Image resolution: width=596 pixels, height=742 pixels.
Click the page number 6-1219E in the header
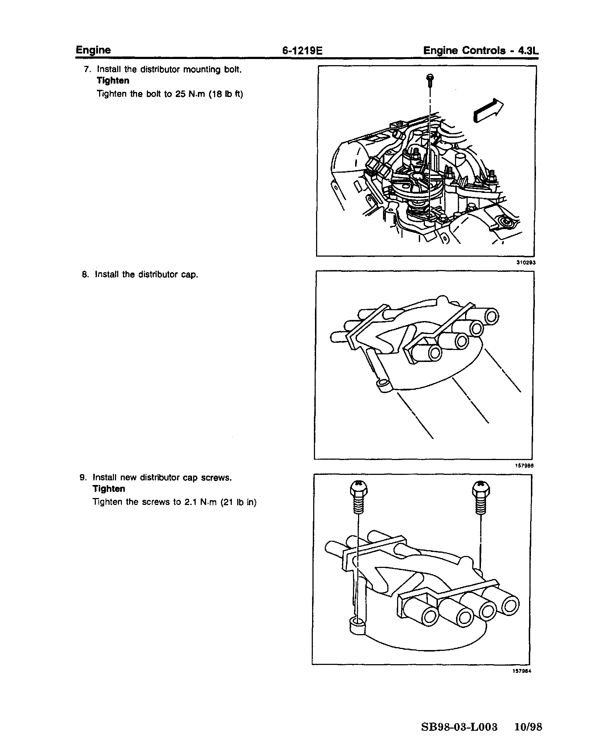pos(302,51)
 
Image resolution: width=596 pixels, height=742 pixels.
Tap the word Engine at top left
pos(93,50)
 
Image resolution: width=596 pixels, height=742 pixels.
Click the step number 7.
pos(87,69)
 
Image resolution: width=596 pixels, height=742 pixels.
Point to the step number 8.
pos(85,274)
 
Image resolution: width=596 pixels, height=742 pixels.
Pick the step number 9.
pos(83,477)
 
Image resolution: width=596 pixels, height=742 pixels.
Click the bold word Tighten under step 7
pos(113,81)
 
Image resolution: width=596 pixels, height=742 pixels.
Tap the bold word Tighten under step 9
pos(109,489)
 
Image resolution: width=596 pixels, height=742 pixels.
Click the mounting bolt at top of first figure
pos(430,80)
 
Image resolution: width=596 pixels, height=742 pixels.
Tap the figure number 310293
pos(526,263)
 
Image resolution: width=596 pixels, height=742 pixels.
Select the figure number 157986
pos(524,466)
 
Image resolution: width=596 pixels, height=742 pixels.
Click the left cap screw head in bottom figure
pos(358,489)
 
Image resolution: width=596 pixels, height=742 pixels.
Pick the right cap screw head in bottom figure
pos(481,489)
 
